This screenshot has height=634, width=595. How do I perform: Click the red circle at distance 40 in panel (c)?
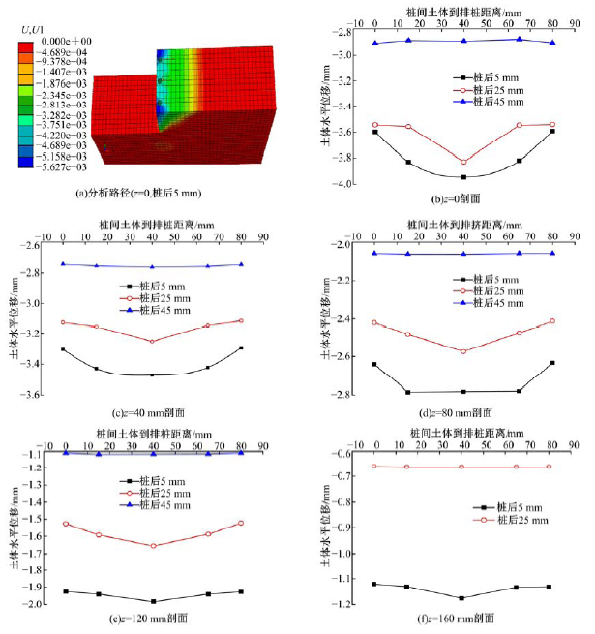153,341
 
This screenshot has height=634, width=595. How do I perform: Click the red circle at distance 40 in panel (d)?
464,351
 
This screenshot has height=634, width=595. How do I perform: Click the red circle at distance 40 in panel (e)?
153,546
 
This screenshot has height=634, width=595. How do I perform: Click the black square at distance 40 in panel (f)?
464,598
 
